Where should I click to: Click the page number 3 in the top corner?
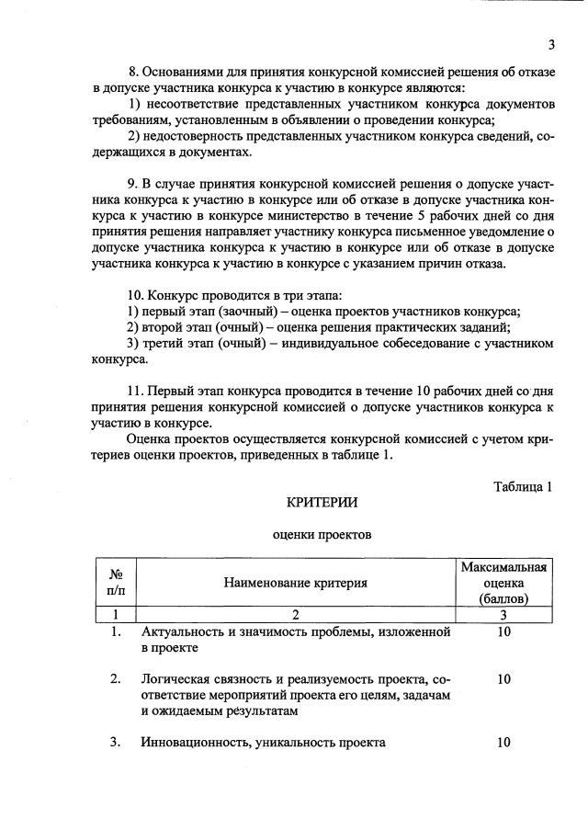(x=551, y=44)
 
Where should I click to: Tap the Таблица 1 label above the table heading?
(x=522, y=486)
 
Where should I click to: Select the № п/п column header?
(x=116, y=581)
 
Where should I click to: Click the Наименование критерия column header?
(x=295, y=582)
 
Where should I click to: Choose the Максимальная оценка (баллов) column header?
(x=503, y=583)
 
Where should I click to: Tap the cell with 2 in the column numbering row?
(x=295, y=615)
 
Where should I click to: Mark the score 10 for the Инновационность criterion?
(x=503, y=743)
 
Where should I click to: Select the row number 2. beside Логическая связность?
(x=116, y=679)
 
